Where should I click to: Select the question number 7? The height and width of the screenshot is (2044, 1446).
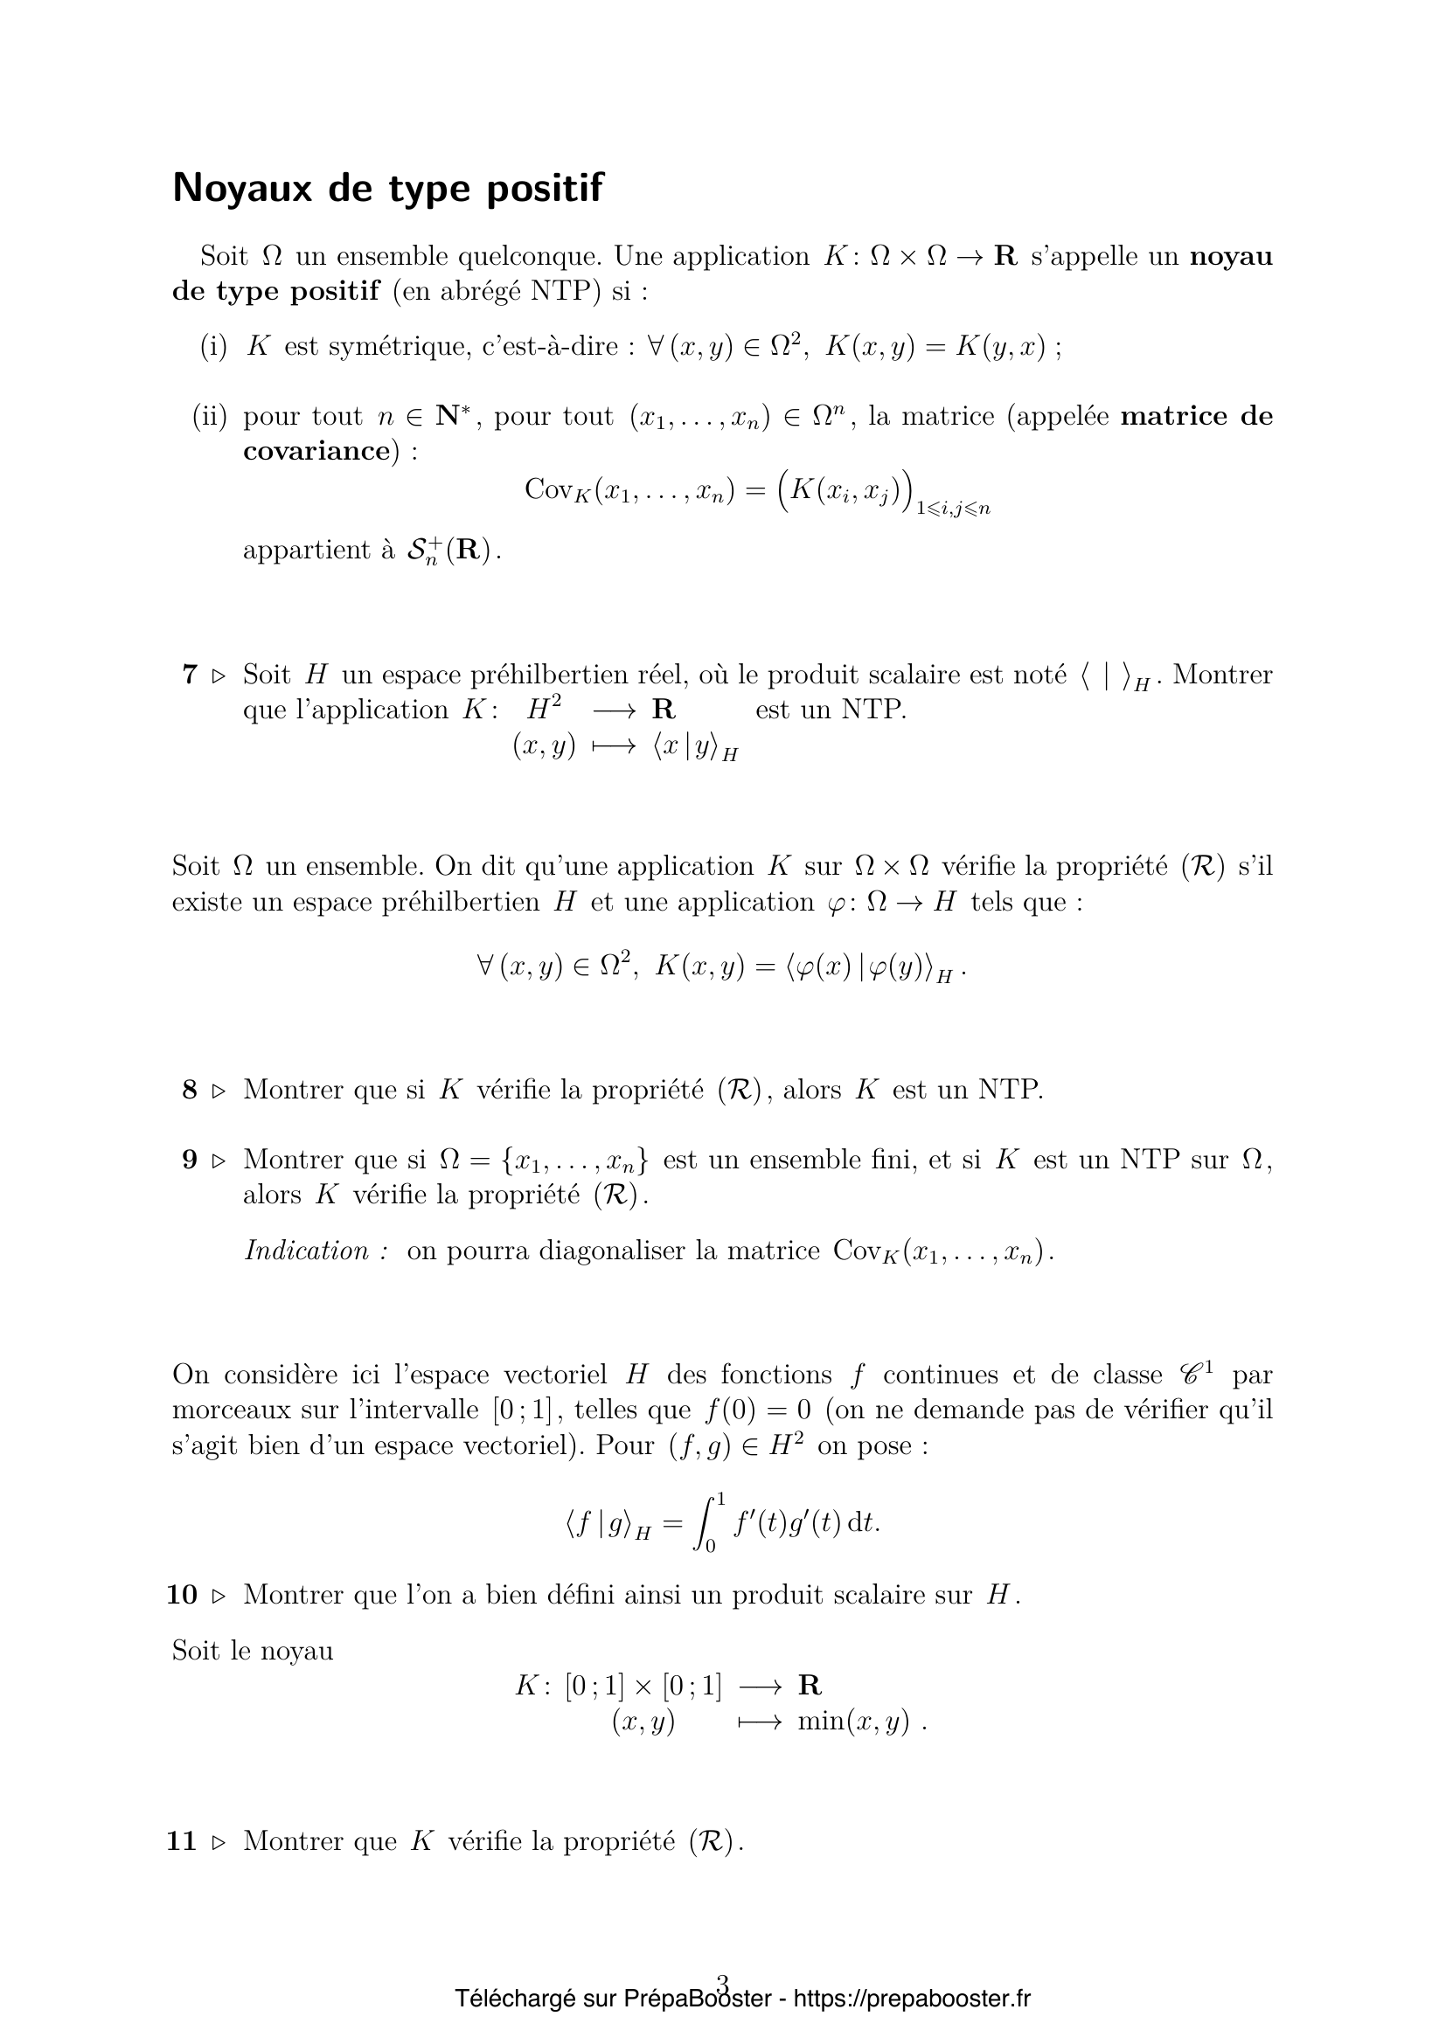[189, 675]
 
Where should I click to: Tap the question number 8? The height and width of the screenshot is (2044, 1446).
[189, 1090]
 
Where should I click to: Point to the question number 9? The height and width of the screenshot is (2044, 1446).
[189, 1159]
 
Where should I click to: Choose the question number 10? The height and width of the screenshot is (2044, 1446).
[182, 1595]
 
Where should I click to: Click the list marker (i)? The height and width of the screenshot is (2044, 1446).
[213, 346]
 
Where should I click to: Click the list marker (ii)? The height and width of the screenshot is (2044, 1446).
[210, 416]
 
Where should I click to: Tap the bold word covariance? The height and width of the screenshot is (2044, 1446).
[316, 451]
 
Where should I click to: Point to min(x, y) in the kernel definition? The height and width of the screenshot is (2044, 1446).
[853, 1722]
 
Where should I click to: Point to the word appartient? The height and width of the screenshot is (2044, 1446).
[306, 551]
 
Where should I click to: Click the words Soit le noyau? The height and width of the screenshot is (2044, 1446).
[252, 1652]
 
